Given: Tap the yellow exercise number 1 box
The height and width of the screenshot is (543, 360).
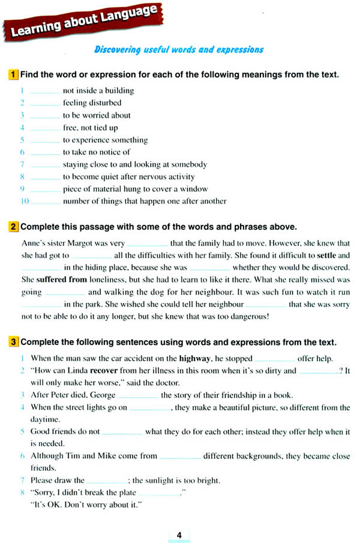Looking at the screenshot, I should [x=13, y=75].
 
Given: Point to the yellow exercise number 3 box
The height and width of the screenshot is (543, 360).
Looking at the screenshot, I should [x=13, y=343].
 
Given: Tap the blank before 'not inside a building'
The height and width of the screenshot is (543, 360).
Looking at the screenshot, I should [x=45, y=91].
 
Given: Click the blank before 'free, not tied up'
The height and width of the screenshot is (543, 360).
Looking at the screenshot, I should [x=45, y=128].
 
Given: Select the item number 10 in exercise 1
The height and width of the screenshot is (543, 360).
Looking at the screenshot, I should [x=25, y=202].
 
